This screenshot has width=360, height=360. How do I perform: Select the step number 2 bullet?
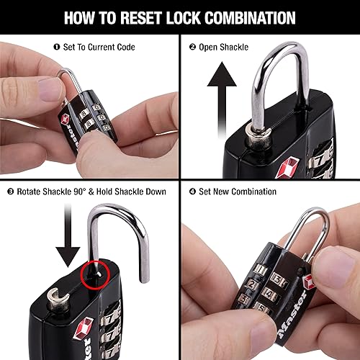click(192, 48)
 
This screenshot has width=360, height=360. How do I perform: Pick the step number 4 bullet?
click(192, 192)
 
